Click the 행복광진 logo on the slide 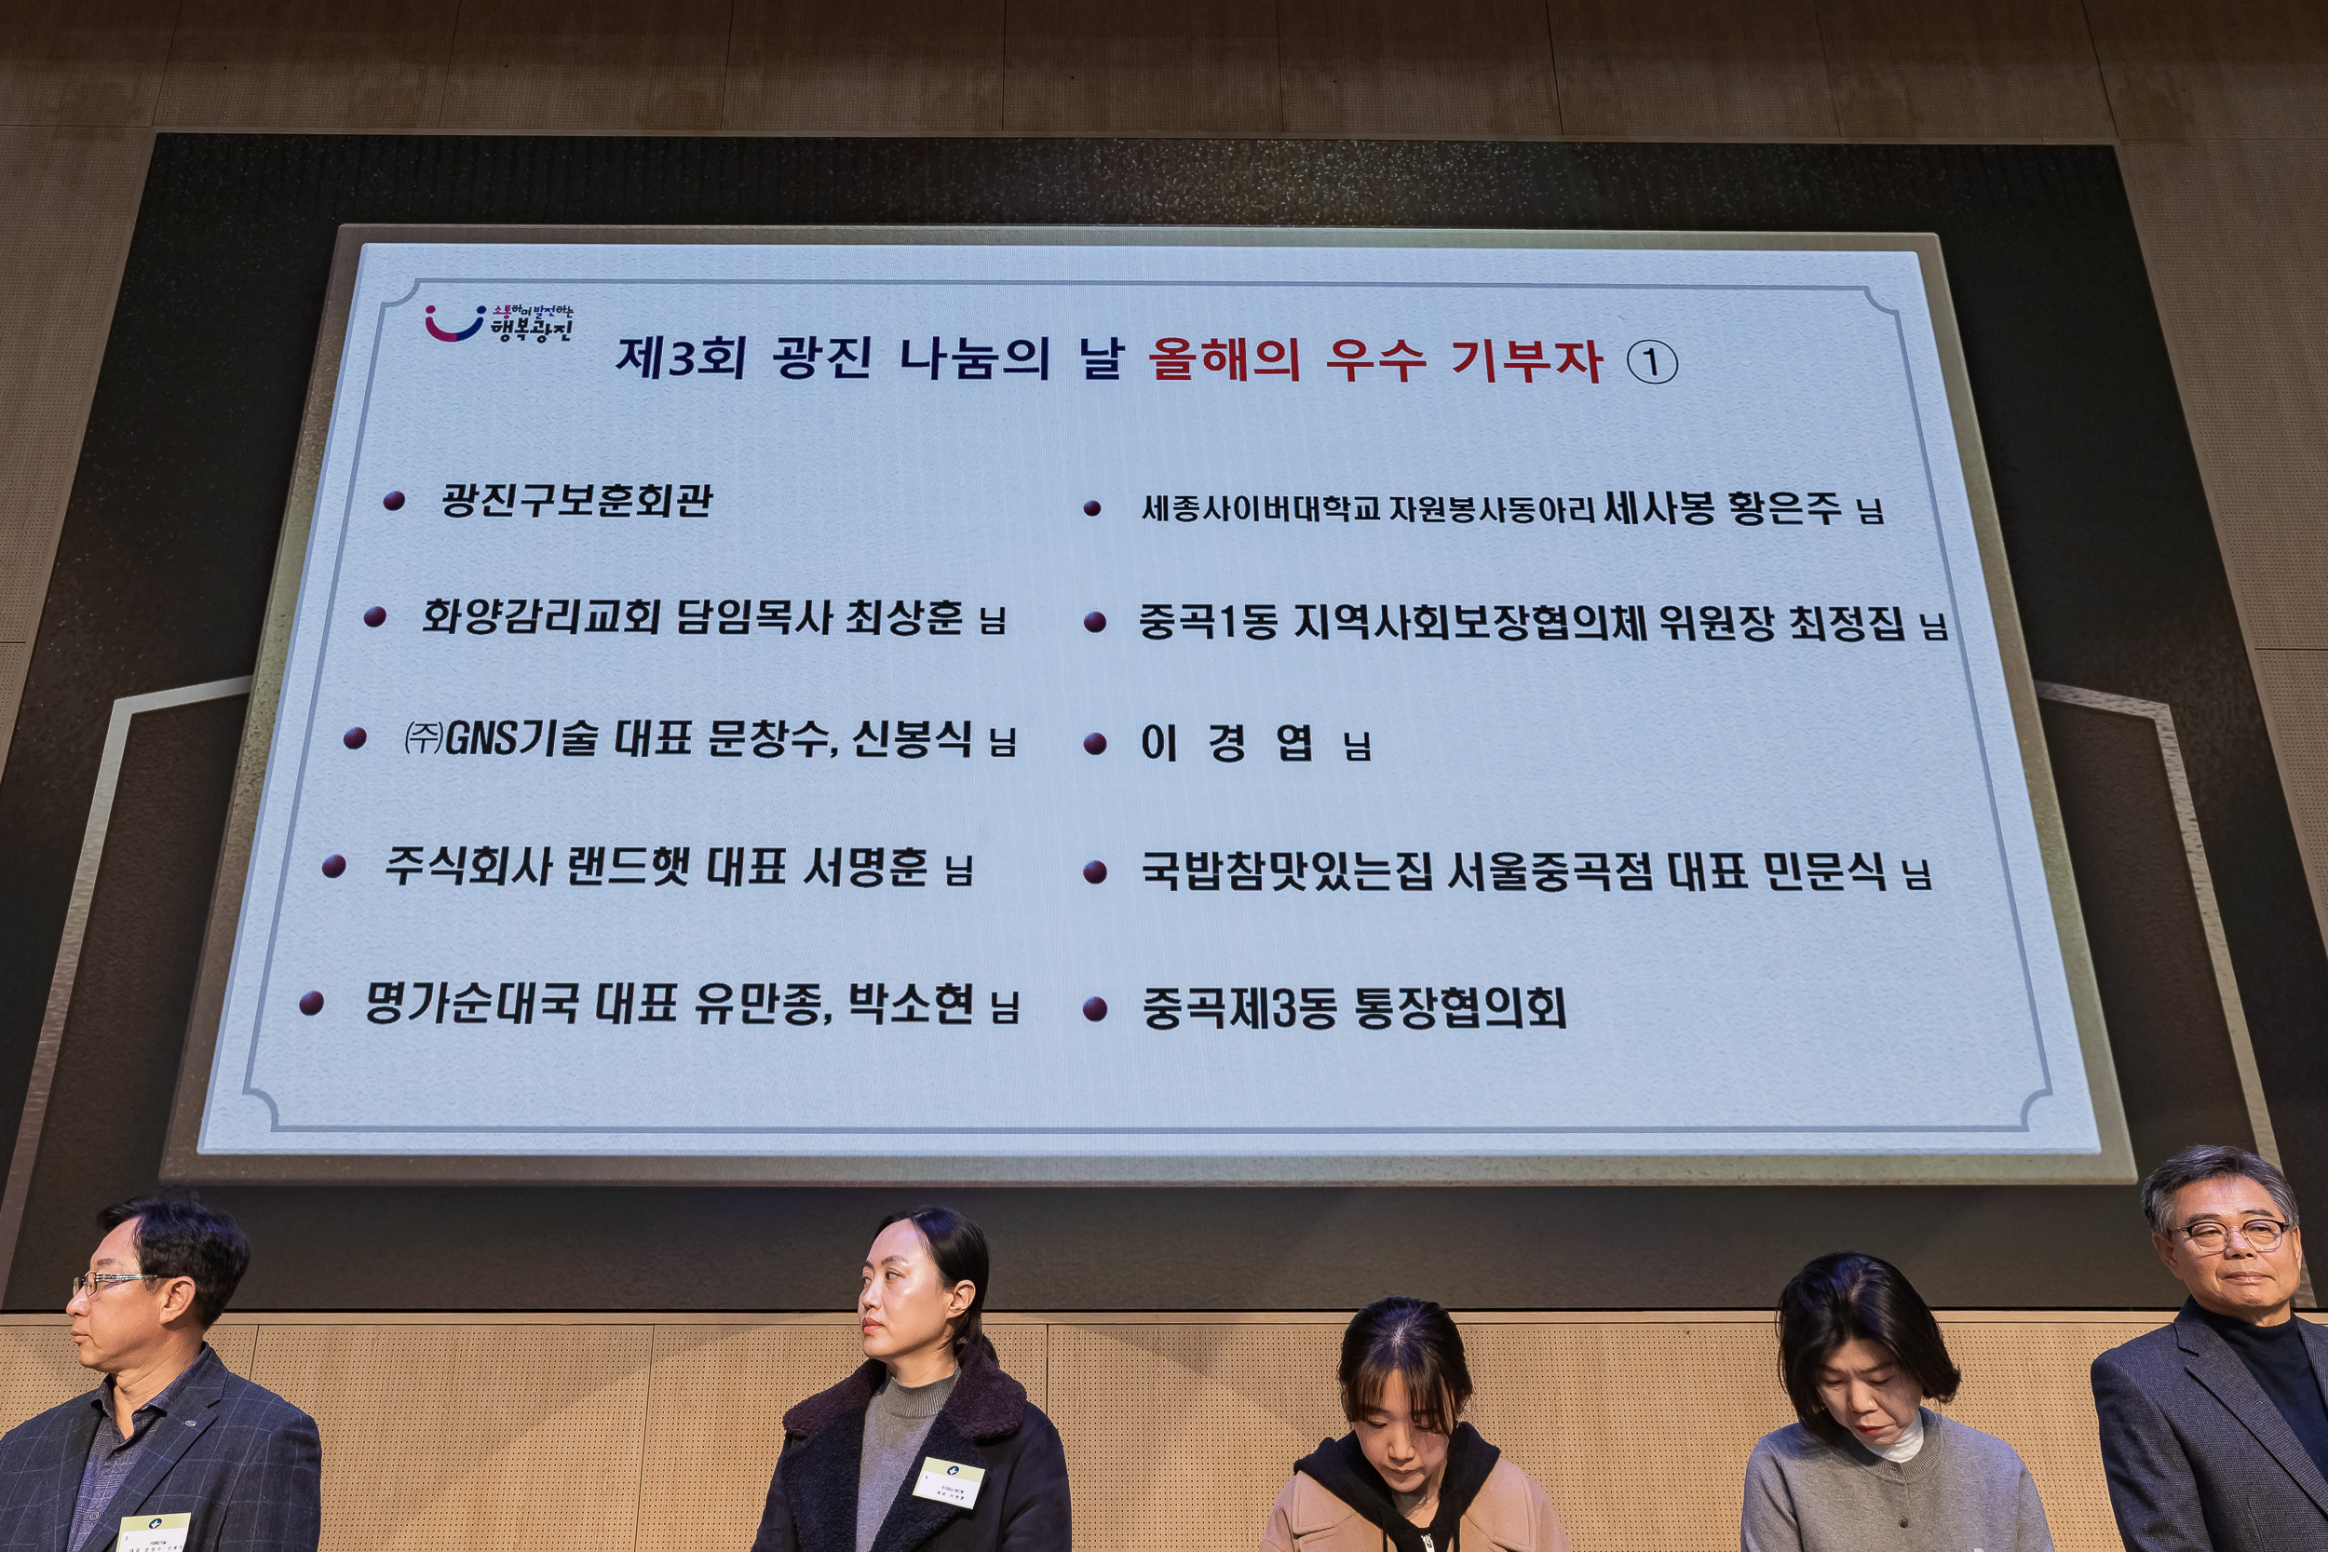[499, 323]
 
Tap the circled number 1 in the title [1652, 363]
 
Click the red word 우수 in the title [1374, 358]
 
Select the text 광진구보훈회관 [576, 500]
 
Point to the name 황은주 [1783, 507]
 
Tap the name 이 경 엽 [1226, 742]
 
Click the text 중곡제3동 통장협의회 [1353, 1007]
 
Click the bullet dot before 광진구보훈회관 [394, 501]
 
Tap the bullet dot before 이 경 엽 [1095, 744]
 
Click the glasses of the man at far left [111, 1282]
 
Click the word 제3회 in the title [680, 358]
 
